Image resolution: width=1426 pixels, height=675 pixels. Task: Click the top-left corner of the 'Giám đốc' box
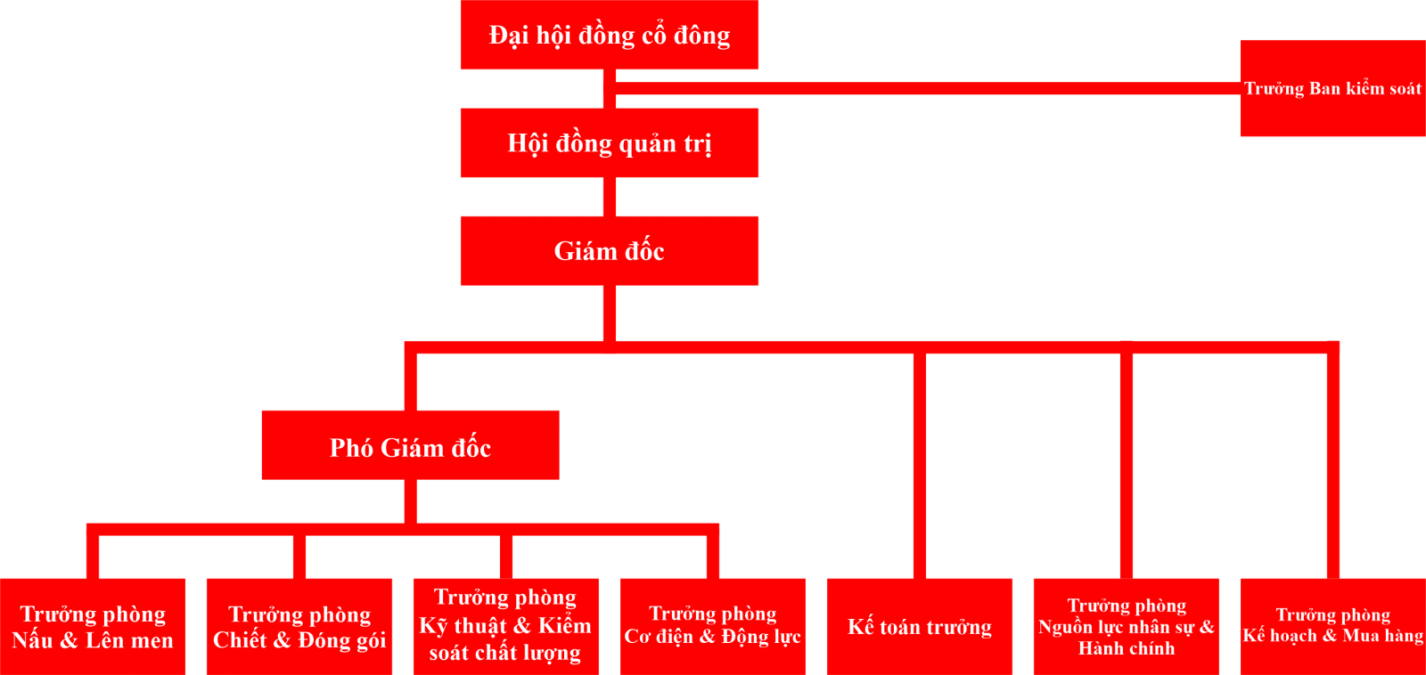coord(461,217)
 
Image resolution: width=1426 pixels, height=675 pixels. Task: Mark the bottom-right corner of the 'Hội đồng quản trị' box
coord(758,177)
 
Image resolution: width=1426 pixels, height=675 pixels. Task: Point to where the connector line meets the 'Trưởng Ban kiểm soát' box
coord(1241,88)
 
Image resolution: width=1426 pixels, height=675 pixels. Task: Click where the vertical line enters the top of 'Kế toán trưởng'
coord(919,579)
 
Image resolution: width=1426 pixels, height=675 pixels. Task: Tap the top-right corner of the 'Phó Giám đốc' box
coord(559,411)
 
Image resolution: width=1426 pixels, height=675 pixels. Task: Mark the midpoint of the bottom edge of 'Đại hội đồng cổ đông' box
coord(610,69)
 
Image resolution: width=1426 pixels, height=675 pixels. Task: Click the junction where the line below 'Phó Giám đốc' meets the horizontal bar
coord(411,529)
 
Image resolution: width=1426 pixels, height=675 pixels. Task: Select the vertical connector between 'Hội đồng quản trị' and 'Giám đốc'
coord(610,197)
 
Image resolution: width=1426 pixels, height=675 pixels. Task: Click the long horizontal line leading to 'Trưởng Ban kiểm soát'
coord(928,88)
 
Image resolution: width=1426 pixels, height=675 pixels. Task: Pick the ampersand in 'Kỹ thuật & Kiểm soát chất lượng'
coord(521,625)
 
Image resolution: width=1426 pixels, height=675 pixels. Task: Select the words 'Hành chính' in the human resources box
coord(1127,648)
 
